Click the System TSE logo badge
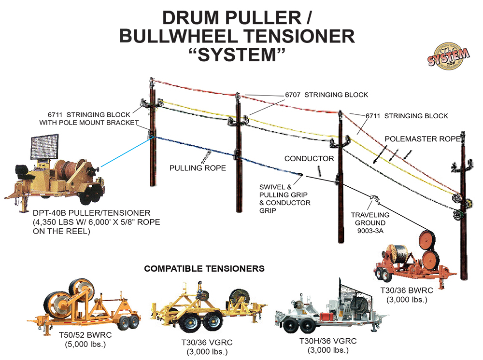448,57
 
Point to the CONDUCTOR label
309,158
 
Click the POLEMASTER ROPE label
424,138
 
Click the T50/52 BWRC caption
85,336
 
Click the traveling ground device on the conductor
373,198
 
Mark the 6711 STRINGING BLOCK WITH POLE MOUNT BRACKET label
89,119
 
